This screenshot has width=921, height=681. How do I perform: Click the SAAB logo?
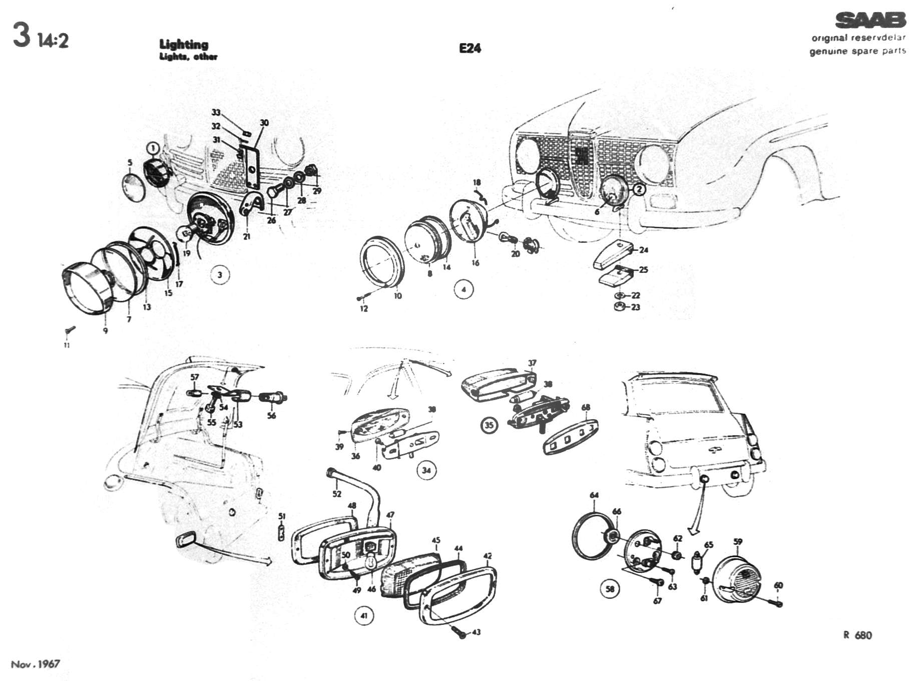[870, 21]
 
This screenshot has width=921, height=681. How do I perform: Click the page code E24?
[470, 48]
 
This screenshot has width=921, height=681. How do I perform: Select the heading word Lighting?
[184, 45]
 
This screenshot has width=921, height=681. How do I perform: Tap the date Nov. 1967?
[35, 664]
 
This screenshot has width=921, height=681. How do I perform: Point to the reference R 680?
[857, 635]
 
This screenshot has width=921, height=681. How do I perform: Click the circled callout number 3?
[220, 275]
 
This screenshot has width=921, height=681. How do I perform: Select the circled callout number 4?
[464, 289]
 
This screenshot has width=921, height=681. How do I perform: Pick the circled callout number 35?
[489, 425]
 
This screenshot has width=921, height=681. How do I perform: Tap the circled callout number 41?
[364, 615]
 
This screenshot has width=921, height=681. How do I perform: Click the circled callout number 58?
[610, 589]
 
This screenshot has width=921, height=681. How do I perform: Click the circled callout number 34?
[426, 470]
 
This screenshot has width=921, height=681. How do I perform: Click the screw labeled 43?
[461, 634]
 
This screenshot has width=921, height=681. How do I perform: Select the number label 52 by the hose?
[337, 494]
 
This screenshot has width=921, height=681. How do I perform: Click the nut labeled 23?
[619, 306]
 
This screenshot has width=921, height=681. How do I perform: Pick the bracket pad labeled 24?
[612, 255]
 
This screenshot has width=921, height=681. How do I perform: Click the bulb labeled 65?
[696, 563]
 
